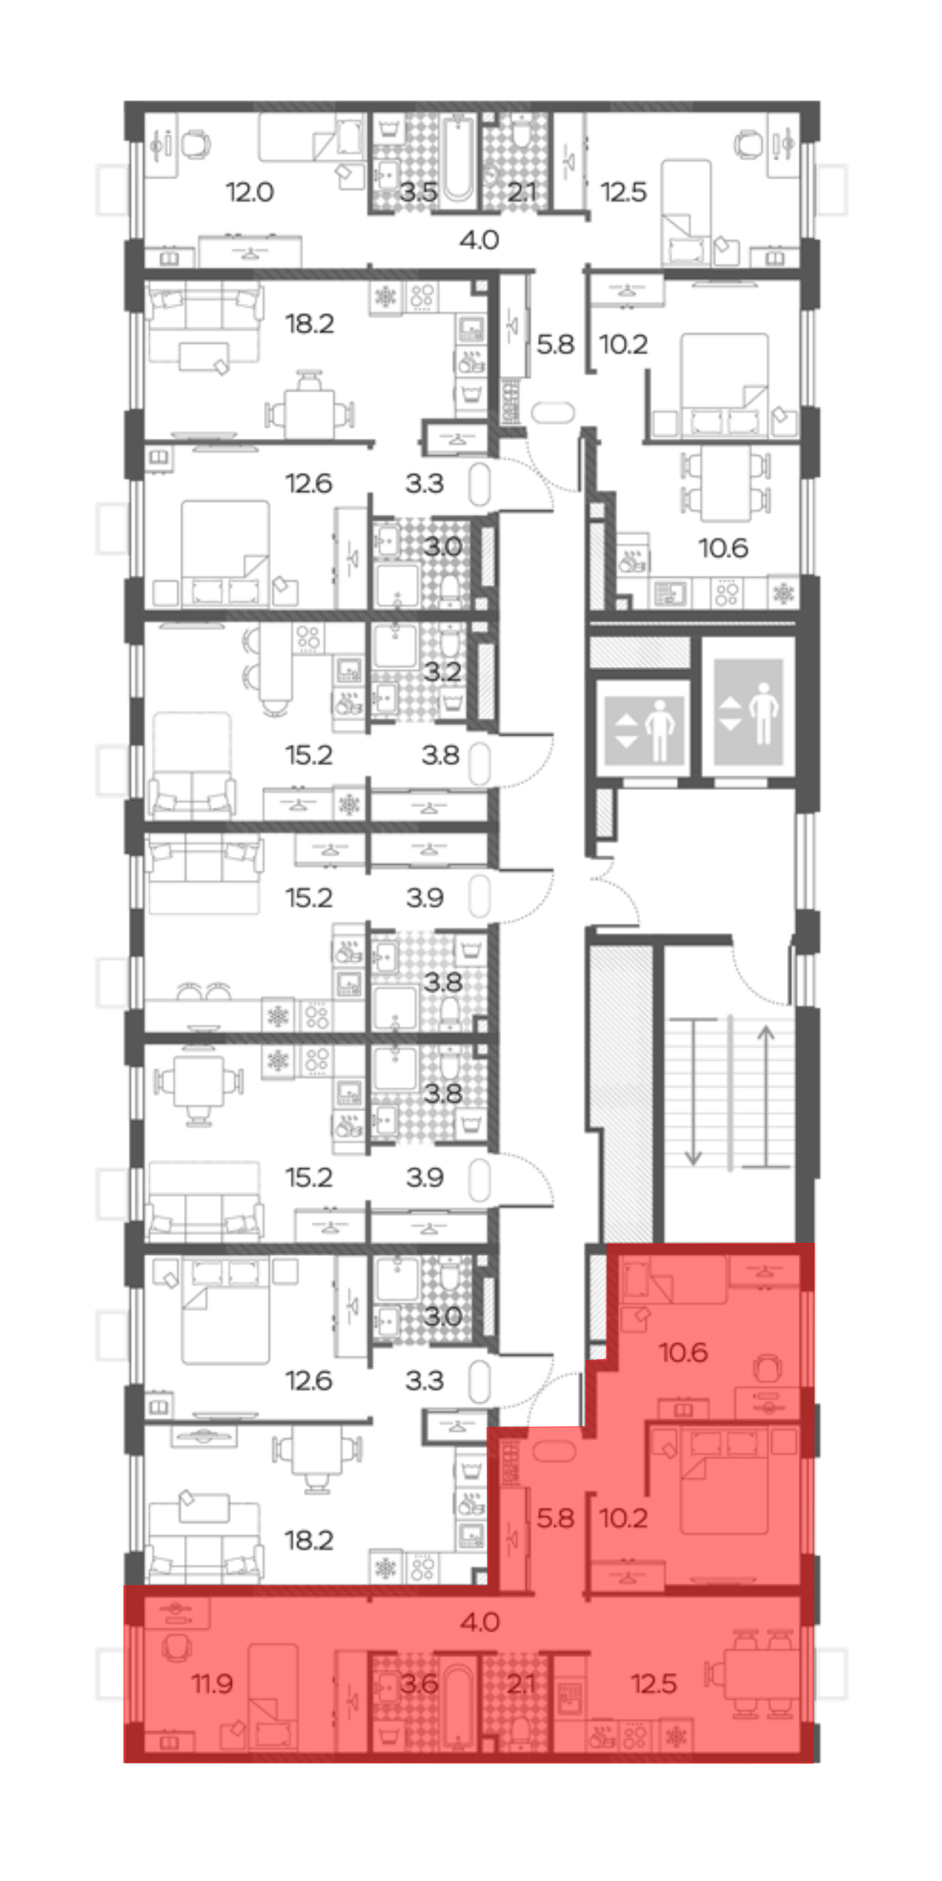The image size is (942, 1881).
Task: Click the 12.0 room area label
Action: coord(249,192)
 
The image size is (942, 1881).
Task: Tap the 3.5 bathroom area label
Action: coord(418,192)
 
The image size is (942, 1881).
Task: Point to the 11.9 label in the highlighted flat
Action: coord(212,1683)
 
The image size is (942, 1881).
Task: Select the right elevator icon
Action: coord(748,712)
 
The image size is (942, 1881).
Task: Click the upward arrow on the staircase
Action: coord(765,1096)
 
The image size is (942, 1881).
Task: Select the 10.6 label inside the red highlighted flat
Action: coord(683,1352)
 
